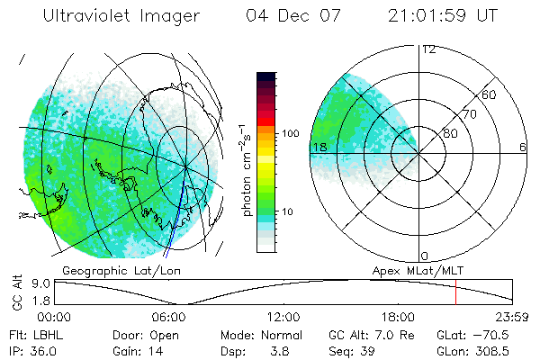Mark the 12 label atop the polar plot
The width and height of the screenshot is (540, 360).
pyautogui.click(x=428, y=49)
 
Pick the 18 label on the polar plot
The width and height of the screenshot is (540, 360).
pyautogui.click(x=318, y=147)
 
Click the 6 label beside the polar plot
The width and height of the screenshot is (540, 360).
pyautogui.click(x=523, y=147)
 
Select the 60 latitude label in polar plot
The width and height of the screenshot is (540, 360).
pyautogui.click(x=490, y=94)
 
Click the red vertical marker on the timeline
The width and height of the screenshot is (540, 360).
pyautogui.click(x=455, y=293)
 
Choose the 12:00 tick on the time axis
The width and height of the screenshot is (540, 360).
pyautogui.click(x=283, y=317)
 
